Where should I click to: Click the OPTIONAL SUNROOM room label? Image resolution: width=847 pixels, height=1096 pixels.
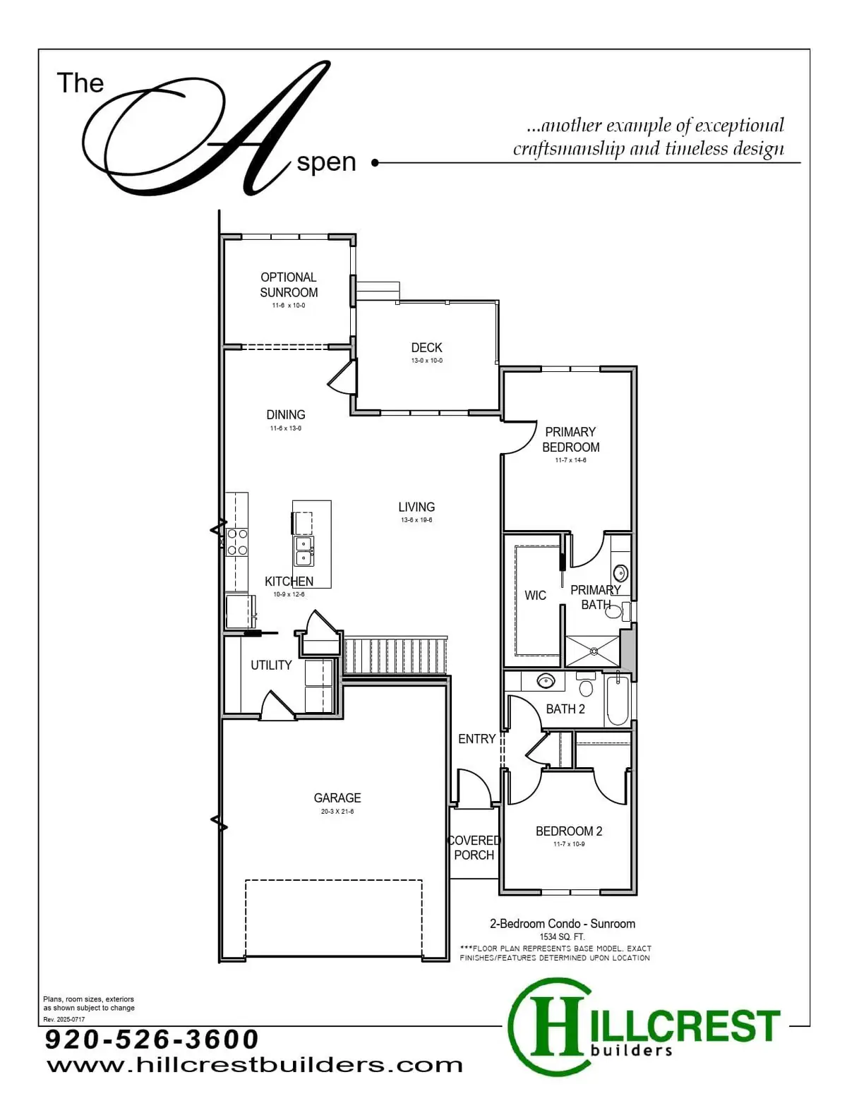pyautogui.click(x=289, y=284)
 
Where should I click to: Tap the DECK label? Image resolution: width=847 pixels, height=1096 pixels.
pyautogui.click(x=426, y=347)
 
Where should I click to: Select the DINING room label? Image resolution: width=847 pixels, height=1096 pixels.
pyautogui.click(x=286, y=415)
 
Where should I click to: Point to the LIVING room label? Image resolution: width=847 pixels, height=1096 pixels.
pyautogui.click(x=416, y=507)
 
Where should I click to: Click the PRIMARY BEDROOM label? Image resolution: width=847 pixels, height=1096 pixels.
pyautogui.click(x=570, y=439)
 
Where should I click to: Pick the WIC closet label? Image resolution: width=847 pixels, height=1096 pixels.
pyautogui.click(x=535, y=596)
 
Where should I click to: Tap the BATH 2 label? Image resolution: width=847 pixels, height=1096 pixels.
pyautogui.click(x=565, y=709)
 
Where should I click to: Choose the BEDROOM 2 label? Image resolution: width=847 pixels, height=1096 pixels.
pyautogui.click(x=569, y=831)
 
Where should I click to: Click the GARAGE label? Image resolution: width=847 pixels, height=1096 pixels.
pyautogui.click(x=337, y=798)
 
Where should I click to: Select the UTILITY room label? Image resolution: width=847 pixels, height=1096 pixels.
pyautogui.click(x=271, y=665)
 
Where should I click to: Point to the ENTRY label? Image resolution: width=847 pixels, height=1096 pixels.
pyautogui.click(x=476, y=739)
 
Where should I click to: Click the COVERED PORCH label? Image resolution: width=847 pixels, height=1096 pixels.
pyautogui.click(x=474, y=848)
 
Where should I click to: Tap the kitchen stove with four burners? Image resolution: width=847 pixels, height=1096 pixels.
pyautogui.click(x=236, y=542)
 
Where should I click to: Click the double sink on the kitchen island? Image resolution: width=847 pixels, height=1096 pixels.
pyautogui.click(x=304, y=550)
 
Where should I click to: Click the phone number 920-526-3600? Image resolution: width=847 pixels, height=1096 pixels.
pyautogui.click(x=152, y=1039)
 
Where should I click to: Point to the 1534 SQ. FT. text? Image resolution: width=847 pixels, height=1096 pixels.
pyautogui.click(x=562, y=937)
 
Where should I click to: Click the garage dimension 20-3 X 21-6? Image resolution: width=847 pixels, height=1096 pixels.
pyautogui.click(x=337, y=812)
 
